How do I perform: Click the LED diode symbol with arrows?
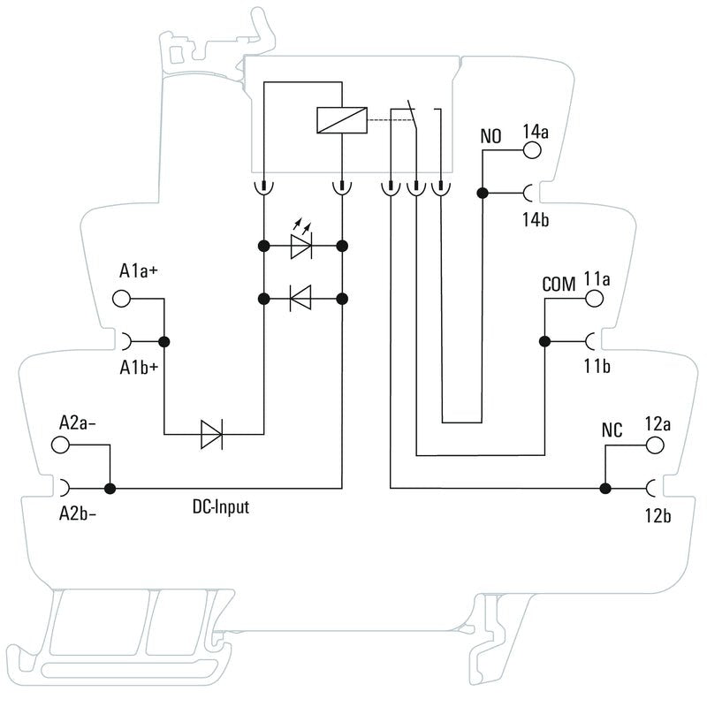tap(302, 247)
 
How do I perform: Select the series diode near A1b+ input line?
tap(213, 434)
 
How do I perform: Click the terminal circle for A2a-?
tap(60, 445)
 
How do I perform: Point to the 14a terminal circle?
tap(534, 151)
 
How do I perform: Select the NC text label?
tap(612, 430)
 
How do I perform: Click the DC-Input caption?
tap(221, 507)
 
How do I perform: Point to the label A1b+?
tap(139, 368)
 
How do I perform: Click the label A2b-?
tap(78, 513)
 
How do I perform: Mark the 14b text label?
tap(534, 219)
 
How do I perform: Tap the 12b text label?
tap(658, 515)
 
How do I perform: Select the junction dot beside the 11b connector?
tap(544, 340)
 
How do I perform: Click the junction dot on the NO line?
tap(483, 193)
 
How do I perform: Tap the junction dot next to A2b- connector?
tap(110, 487)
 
